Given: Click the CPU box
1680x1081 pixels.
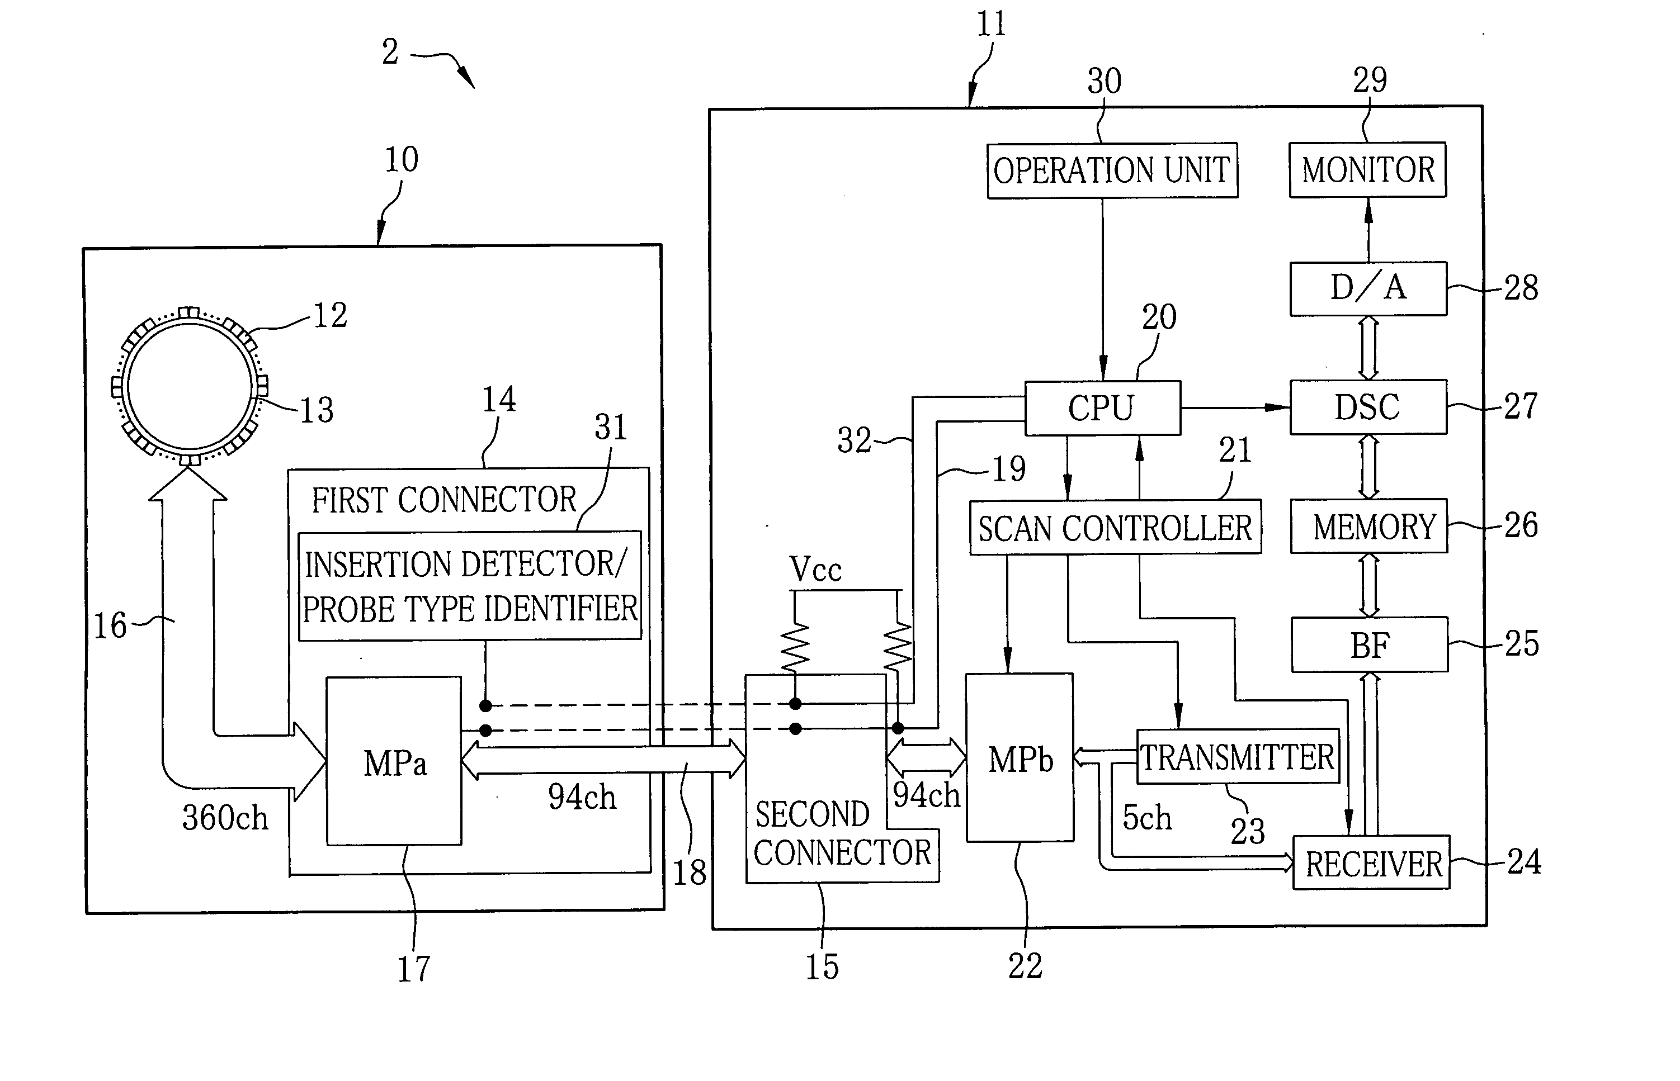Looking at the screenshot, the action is tap(1103, 408).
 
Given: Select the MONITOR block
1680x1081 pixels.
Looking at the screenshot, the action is tap(1367, 170).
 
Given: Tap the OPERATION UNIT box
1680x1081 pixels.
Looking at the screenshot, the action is tap(1112, 170).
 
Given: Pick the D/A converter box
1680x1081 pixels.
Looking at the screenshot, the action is tap(1368, 288).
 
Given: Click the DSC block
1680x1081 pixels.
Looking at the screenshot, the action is tap(1368, 407).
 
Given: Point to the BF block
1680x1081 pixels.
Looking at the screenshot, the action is tap(1370, 644).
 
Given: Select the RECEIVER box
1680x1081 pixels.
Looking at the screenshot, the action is tap(1371, 862).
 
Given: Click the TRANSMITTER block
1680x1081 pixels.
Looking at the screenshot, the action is tap(1238, 756).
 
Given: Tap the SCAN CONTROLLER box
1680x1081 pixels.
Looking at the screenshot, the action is tap(1115, 527).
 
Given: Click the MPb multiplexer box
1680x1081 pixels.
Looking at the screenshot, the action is tap(1020, 757).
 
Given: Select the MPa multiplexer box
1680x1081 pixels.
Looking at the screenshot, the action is tap(394, 761).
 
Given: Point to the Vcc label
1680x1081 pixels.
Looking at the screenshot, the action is tap(815, 569).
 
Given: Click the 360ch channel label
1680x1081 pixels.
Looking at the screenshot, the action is tap(225, 818).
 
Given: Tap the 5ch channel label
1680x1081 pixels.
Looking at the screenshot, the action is tap(1147, 818).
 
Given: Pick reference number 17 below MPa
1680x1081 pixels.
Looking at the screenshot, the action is tap(414, 969).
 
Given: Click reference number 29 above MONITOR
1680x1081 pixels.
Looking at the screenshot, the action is tap(1370, 80).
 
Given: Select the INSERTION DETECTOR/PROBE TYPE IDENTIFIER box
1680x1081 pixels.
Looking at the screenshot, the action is tap(470, 585).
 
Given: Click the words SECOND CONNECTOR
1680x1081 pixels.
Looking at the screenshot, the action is tap(842, 834).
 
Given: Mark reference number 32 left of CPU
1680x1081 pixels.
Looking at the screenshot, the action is tap(854, 440).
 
